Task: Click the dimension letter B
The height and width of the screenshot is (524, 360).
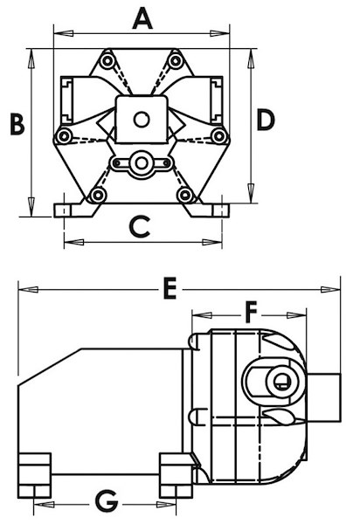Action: pos(16,124)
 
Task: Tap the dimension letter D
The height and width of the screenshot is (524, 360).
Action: pos(266,121)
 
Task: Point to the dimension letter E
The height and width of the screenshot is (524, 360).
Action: pos(170,287)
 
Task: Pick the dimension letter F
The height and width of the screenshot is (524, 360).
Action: pos(251,311)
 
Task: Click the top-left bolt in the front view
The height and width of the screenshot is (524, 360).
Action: pos(107,60)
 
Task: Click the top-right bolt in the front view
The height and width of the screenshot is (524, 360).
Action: pos(176,60)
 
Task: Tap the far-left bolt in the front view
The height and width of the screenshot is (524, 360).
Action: pos(63,137)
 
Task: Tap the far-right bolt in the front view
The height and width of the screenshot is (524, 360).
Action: pos(219,137)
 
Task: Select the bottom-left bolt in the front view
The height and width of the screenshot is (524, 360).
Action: pos(98,195)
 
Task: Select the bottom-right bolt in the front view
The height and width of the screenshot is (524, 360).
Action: pos(184,195)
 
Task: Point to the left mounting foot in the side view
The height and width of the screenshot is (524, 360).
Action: pos(34,473)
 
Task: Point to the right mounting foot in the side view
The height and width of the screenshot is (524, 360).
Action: pos(176,474)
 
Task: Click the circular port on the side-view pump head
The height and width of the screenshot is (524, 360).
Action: pos(280,381)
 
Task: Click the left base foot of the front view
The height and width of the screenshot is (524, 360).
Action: pos(68,210)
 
